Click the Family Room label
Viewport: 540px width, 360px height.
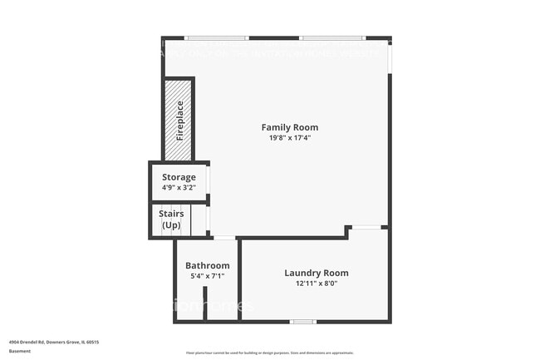pyautogui.click(x=290, y=127)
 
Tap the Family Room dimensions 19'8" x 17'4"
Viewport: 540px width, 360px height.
pyautogui.click(x=290, y=138)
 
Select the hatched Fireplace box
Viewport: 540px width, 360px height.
pyautogui.click(x=179, y=120)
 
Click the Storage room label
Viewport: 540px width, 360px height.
pyautogui.click(x=179, y=177)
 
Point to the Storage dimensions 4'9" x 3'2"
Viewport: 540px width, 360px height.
pyautogui.click(x=179, y=188)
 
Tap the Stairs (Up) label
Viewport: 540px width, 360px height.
pyautogui.click(x=171, y=219)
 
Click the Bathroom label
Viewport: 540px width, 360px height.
pyautogui.click(x=207, y=265)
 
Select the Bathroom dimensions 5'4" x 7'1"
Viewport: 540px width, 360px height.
pyautogui.click(x=207, y=276)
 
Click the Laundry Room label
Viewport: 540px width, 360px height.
pyautogui.click(x=316, y=273)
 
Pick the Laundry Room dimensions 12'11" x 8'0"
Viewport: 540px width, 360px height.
pyautogui.click(x=316, y=284)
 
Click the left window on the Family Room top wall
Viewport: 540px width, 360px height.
pyautogui.click(x=216, y=37)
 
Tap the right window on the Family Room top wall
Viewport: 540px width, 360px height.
pyautogui.click(x=332, y=37)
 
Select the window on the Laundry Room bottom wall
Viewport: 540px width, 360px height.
pyautogui.click(x=303, y=322)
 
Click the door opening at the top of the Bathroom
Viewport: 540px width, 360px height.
pyautogui.click(x=223, y=239)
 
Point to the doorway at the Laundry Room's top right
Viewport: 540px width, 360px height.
pyautogui.click(x=366, y=227)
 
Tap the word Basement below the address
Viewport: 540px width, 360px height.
pyautogui.click(x=20, y=351)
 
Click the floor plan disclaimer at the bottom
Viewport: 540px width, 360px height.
pyautogui.click(x=269, y=353)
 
